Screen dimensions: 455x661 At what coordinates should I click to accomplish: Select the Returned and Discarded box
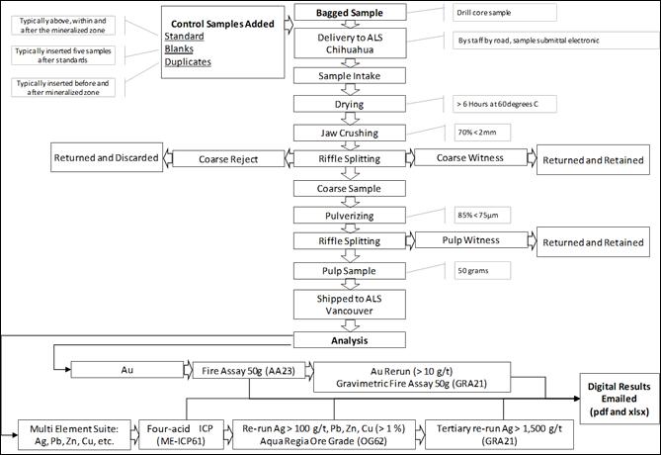(x=108, y=158)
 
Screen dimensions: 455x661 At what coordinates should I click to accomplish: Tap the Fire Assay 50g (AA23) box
(x=239, y=371)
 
